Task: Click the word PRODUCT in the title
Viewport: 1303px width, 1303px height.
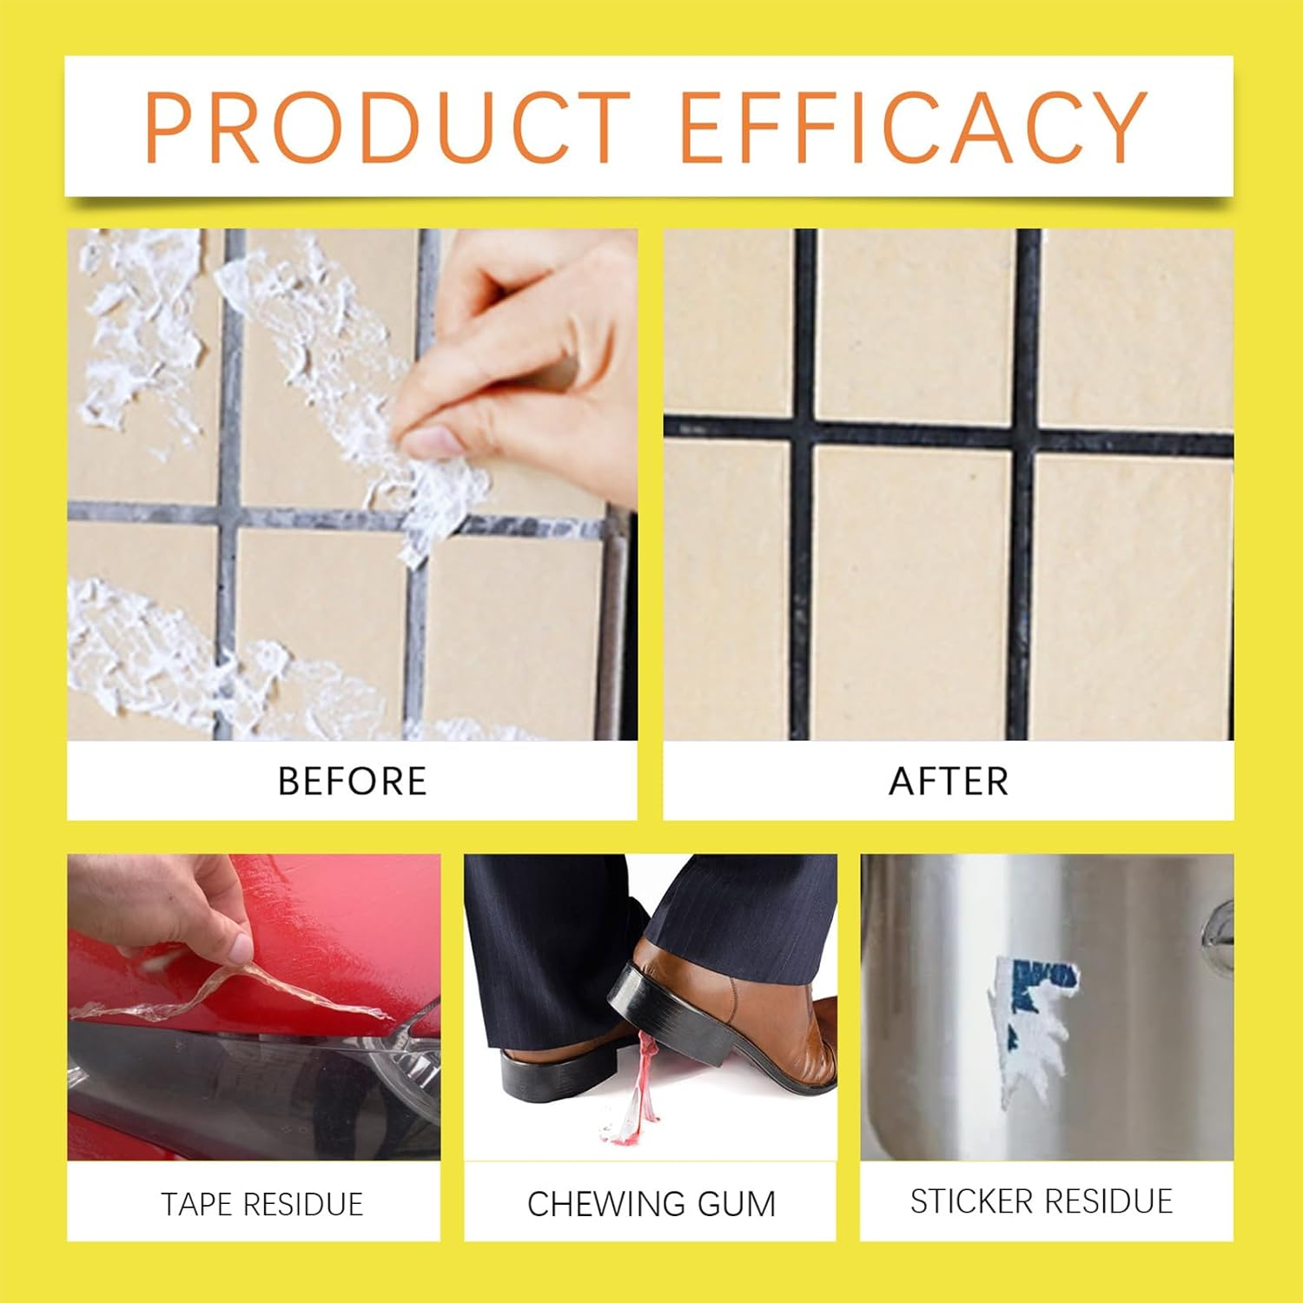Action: (387, 127)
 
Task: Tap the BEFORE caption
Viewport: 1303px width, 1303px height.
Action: (352, 781)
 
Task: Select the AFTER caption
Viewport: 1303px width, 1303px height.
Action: (949, 781)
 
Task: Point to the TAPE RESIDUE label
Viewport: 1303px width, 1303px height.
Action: (261, 1204)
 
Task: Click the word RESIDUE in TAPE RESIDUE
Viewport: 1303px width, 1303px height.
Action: (303, 1204)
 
